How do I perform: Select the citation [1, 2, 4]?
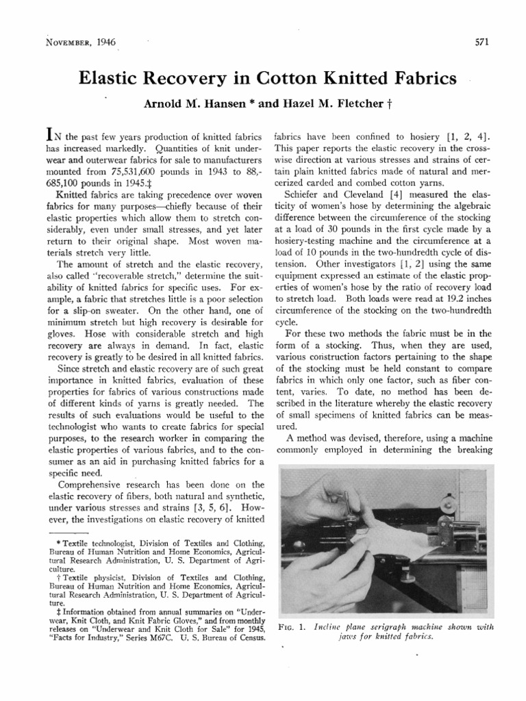[466, 138]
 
